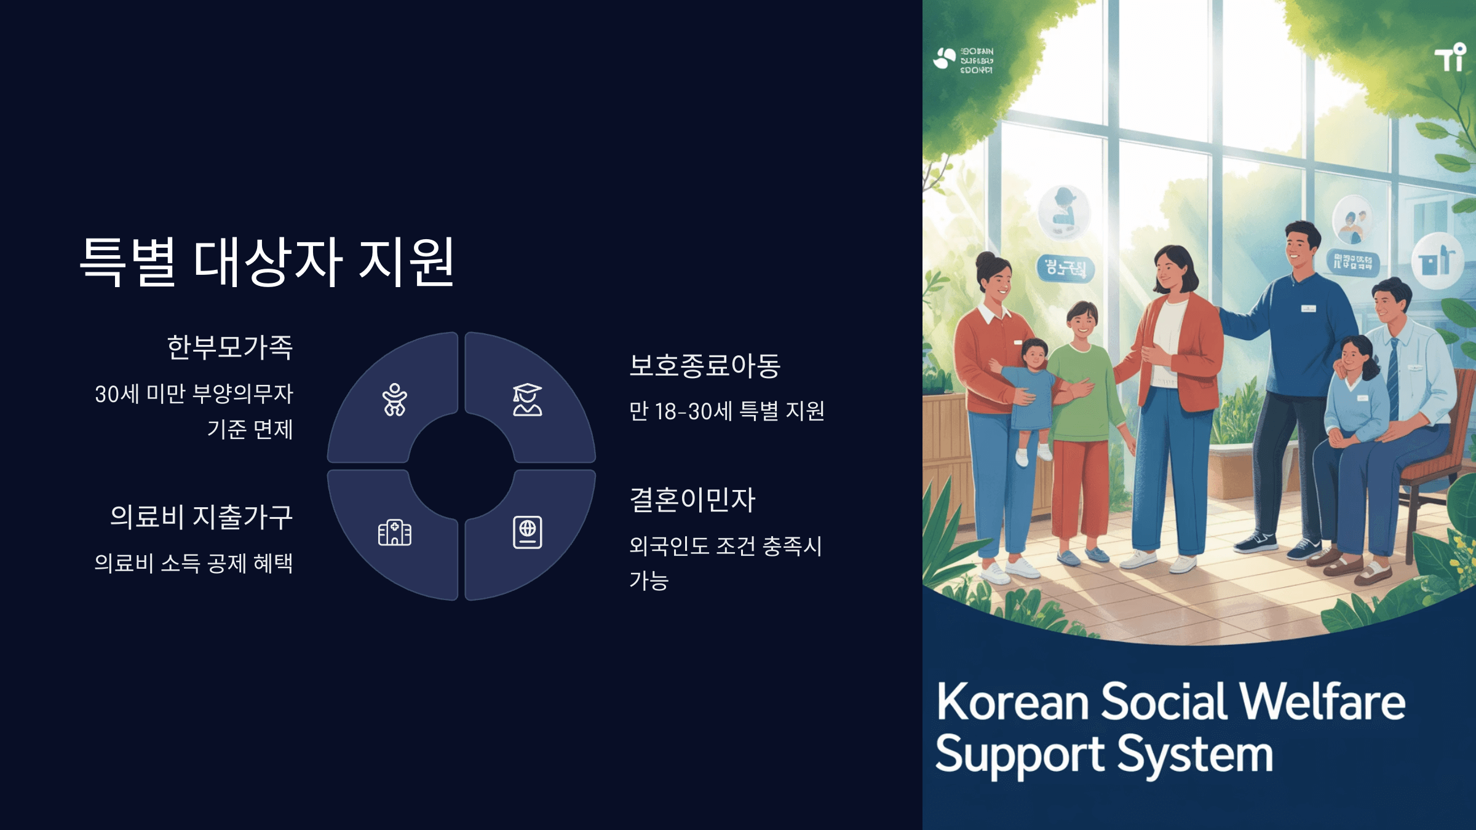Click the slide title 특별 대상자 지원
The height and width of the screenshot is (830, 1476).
[268, 262]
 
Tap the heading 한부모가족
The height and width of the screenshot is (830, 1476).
[230, 347]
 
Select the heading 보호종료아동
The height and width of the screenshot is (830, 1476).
[705, 365]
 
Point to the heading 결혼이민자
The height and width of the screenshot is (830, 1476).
[692, 499]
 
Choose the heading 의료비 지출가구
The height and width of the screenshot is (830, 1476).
[201, 516]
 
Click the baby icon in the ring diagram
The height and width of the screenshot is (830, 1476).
[394, 400]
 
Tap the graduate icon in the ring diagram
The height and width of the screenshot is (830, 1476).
[527, 400]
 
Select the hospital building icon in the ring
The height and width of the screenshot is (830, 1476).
[394, 532]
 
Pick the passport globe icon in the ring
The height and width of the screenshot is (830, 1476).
[527, 532]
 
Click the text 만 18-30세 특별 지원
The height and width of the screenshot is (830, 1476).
[726, 411]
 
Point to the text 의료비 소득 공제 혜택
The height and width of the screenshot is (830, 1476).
[193, 563]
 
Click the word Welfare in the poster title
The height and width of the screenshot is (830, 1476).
[1322, 702]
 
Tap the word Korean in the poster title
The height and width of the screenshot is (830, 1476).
[1012, 702]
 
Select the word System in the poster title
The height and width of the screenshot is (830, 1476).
[1194, 755]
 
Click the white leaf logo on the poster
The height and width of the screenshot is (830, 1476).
[945, 59]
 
